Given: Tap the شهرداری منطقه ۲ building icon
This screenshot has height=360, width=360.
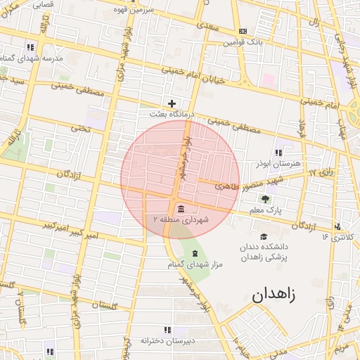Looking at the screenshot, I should pyautogui.click(x=181, y=209).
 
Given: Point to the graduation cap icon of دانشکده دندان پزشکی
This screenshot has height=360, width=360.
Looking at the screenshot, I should pyautogui.click(x=264, y=236).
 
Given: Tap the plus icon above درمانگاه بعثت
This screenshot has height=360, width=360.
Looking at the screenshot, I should pyautogui.click(x=172, y=103).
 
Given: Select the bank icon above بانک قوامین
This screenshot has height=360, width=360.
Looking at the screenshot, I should pyautogui.click(x=243, y=31).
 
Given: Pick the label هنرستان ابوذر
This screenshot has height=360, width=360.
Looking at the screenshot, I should pyautogui.click(x=279, y=162).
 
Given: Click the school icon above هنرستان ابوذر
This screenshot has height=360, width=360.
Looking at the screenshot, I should pyautogui.click(x=278, y=152).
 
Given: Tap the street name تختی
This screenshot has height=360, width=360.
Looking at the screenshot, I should pyautogui.click(x=82, y=129).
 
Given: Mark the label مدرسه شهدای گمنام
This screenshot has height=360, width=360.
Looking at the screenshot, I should pyautogui.click(x=32, y=58).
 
